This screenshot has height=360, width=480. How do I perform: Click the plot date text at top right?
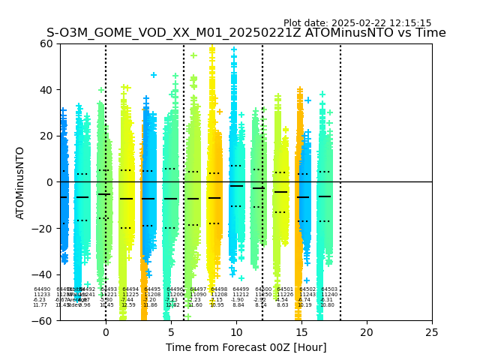pyautogui.click(x=357, y=23)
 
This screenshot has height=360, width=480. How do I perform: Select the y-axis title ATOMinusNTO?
pyautogui.click(x=20, y=182)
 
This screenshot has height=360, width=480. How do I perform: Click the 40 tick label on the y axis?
pyautogui.click(x=46, y=90)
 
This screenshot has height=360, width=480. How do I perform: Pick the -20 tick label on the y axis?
pyautogui.click(x=43, y=229)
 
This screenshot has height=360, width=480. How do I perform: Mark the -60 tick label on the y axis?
pyautogui.click(x=43, y=321)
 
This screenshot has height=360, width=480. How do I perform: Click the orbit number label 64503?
pyautogui.click(x=329, y=289)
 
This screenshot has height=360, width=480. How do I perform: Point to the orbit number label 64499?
pyautogui.click(x=241, y=289)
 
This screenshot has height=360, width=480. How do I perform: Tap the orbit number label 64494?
pyautogui.click(x=130, y=289)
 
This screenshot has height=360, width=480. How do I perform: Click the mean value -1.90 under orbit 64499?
pyautogui.click(x=238, y=300)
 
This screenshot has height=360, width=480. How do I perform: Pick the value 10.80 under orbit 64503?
pyautogui.click(x=328, y=305)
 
